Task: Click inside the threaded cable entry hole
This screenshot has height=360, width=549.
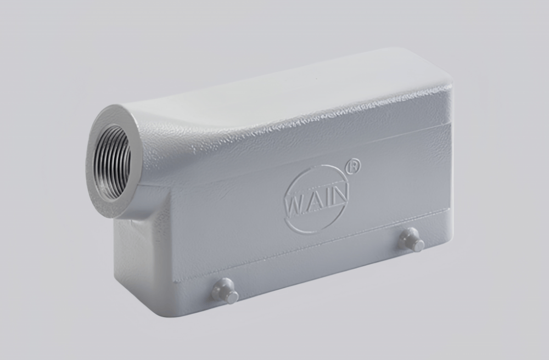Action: [112, 161]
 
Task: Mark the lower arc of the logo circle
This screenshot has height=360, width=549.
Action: [318, 230]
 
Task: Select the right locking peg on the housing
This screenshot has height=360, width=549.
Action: [412, 240]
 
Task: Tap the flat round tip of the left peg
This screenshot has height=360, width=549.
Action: [233, 297]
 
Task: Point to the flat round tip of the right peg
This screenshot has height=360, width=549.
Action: [419, 246]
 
